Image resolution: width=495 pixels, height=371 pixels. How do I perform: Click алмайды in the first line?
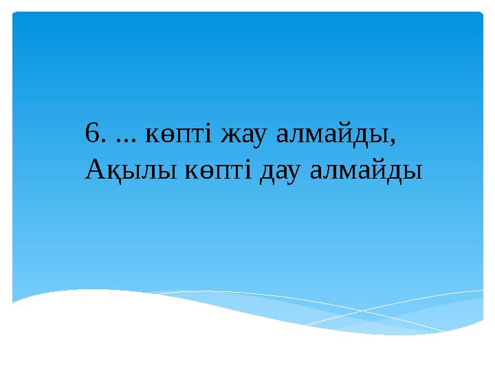click(330, 135)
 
